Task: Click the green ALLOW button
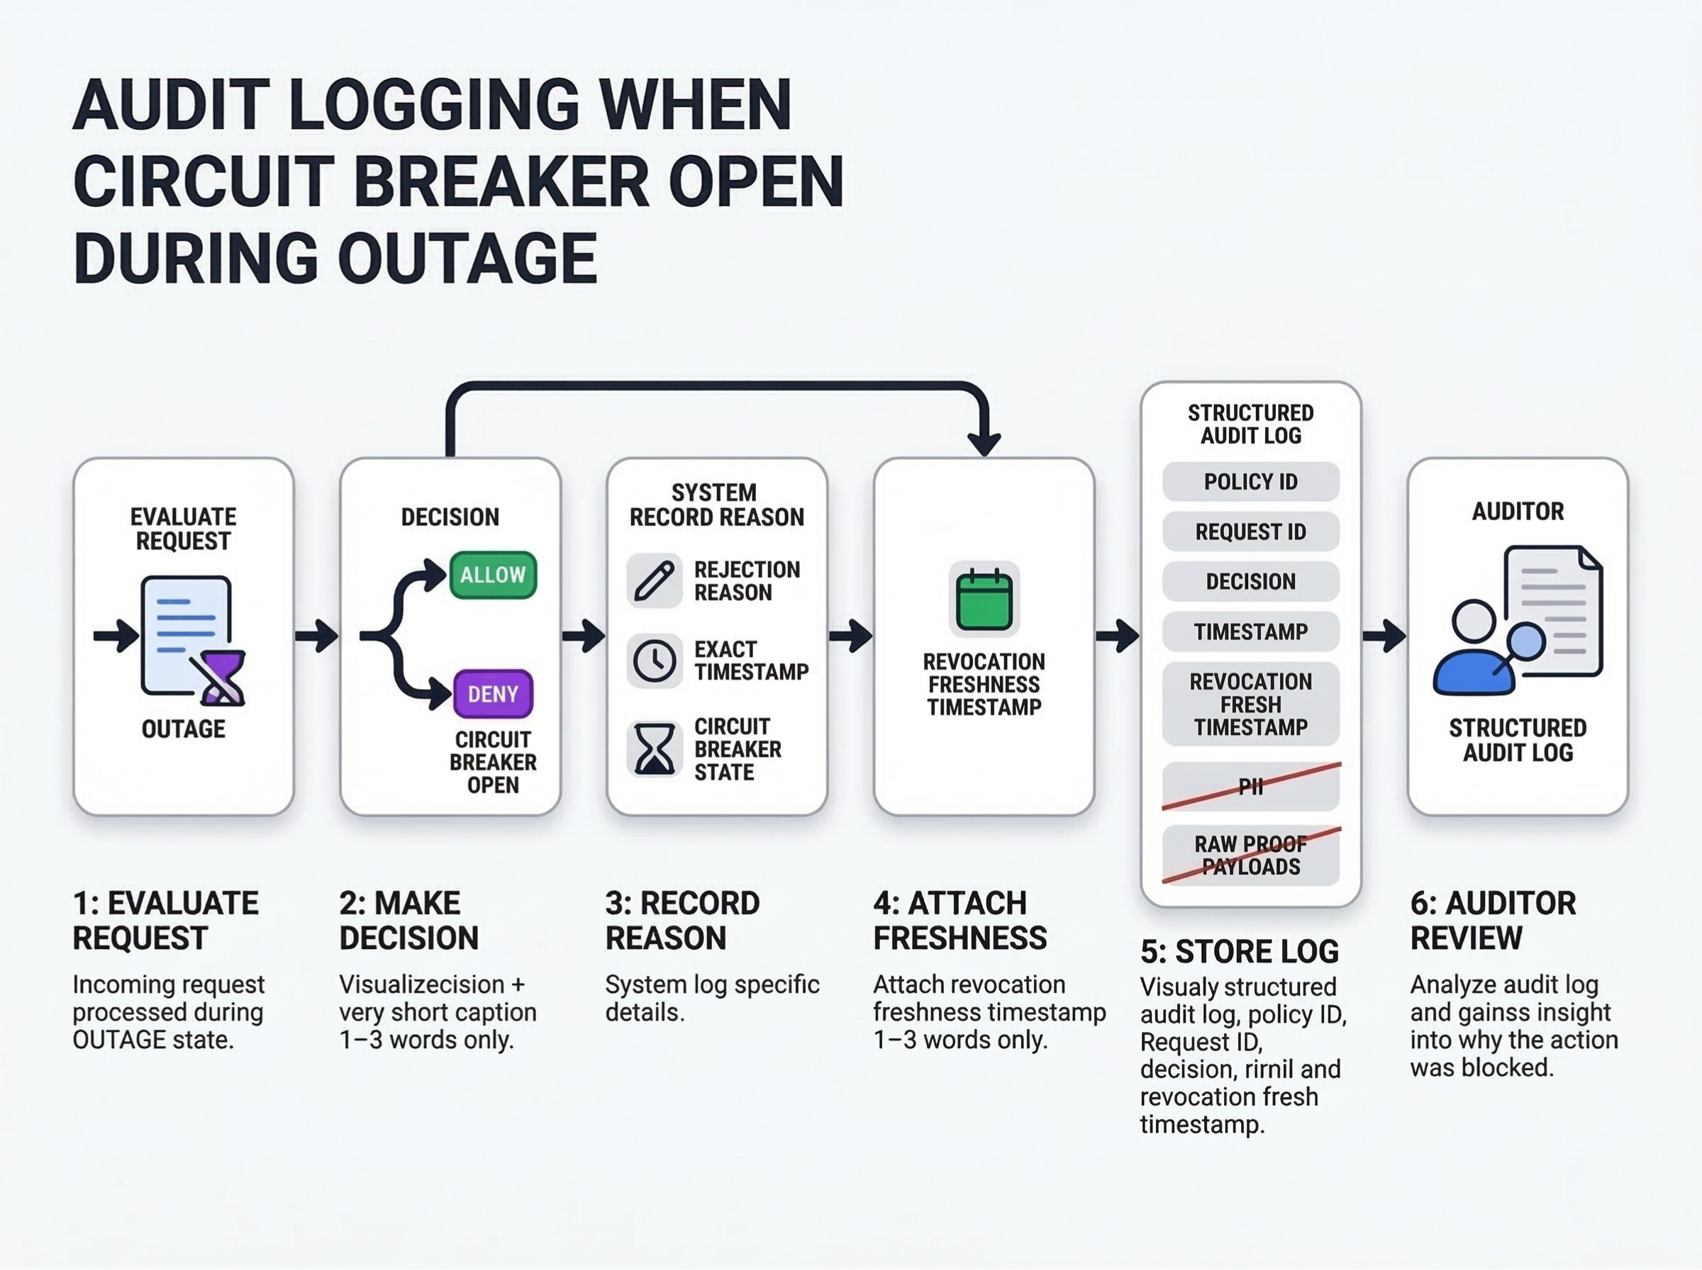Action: click(x=493, y=575)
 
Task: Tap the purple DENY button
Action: click(x=493, y=695)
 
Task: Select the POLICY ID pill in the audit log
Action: click(x=1250, y=482)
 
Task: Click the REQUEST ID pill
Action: click(x=1250, y=532)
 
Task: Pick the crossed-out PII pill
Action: click(x=1250, y=787)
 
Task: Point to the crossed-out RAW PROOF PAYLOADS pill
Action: click(x=1250, y=855)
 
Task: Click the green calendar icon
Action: click(x=984, y=600)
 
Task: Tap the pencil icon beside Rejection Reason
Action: click(x=655, y=580)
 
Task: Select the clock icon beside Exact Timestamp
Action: click(x=655, y=661)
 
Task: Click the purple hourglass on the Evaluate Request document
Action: click(x=222, y=678)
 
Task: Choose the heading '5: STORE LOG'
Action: click(x=1239, y=952)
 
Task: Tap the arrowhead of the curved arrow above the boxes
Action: click(x=984, y=444)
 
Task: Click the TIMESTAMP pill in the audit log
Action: click(x=1250, y=632)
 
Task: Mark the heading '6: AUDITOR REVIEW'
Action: click(x=1492, y=920)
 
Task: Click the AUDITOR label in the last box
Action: click(x=1518, y=511)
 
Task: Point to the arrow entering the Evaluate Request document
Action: click(x=116, y=636)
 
